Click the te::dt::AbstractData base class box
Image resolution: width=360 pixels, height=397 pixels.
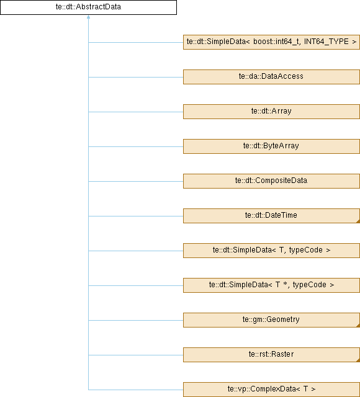coord(88,7)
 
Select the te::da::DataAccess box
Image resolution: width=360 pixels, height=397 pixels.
coord(271,77)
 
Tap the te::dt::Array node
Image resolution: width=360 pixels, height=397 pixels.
coord(271,112)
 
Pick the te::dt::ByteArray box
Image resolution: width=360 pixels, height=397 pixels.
coord(271,146)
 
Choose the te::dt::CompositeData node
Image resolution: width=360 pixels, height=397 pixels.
coord(271,181)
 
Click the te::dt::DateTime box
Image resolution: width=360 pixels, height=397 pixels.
coord(271,216)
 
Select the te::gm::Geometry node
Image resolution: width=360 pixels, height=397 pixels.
coord(271,320)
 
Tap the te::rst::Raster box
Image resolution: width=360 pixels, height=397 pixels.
coord(271,355)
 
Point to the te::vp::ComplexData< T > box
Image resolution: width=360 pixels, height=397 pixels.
coord(271,390)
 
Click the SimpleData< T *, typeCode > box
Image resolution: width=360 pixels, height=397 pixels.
coord(271,285)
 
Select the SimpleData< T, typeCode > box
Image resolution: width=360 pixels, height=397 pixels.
coord(271,251)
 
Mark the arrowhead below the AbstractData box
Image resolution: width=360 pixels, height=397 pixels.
coord(88,17)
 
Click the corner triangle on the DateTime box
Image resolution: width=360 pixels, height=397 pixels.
coord(358,221)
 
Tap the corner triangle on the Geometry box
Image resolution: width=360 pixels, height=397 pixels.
coord(358,326)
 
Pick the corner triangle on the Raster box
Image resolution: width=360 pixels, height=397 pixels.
coord(358,360)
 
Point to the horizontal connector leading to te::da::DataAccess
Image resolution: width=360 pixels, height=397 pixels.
coord(136,77)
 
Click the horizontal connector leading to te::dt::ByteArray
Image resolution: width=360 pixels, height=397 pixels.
coord(136,146)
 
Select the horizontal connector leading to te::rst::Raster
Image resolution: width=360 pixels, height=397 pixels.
coord(136,355)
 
